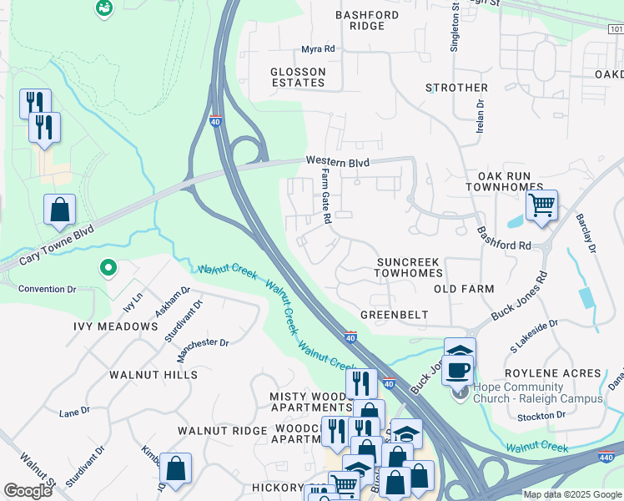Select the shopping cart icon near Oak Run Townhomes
coord(542,205)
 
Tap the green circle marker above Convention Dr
coord(107,268)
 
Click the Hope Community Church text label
coord(538,392)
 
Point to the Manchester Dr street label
coord(201,342)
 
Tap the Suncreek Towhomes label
coord(407,267)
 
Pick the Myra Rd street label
coord(318,49)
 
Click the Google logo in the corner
coord(28,490)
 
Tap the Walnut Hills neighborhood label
coord(153,375)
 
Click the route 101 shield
coord(616,29)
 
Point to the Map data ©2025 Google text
coord(572,494)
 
